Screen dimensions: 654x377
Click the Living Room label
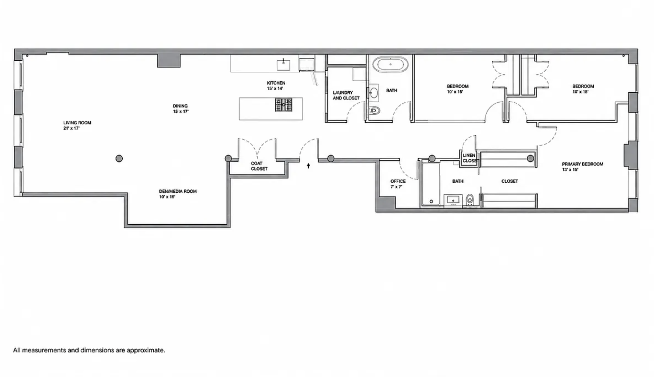pos(77,123)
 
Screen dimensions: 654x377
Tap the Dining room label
pos(180,106)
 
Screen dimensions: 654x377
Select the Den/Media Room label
pos(178,191)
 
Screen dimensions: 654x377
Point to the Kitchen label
pos(276,83)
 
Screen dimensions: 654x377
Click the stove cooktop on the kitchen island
pos(284,105)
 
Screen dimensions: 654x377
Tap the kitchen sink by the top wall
pos(283,65)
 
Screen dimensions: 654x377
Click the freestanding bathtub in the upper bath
pos(390,64)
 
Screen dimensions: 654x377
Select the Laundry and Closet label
pos(346,95)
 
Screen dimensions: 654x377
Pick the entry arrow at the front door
pos(308,166)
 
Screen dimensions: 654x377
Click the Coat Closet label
pos(259,166)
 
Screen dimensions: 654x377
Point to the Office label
pos(398,181)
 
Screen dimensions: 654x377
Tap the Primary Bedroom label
pos(583,164)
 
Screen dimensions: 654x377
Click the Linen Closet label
pos(470,158)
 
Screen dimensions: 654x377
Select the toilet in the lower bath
pos(470,200)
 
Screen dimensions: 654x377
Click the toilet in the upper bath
pos(375,111)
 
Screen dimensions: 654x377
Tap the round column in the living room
pos(119,159)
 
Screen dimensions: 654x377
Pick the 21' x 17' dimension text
pos(71,128)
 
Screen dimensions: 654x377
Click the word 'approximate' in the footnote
pos(145,350)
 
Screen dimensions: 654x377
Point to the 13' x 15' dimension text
pos(570,170)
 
